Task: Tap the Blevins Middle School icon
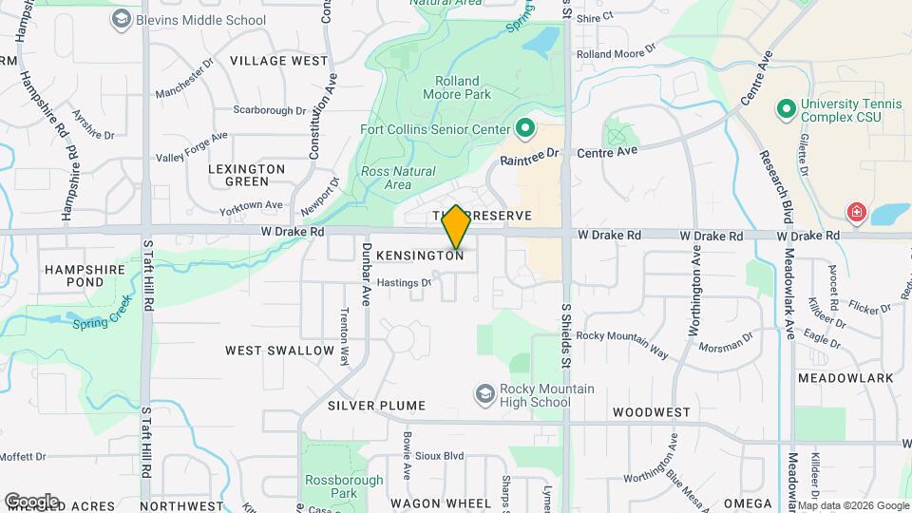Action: [121, 18]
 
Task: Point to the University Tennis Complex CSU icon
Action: [786, 110]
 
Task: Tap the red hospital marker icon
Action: [857, 212]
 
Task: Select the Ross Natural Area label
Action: [398, 178]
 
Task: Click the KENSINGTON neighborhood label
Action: [419, 256]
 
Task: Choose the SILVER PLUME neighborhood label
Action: [370, 406]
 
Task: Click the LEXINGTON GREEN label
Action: [247, 175]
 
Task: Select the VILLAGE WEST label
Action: [278, 61]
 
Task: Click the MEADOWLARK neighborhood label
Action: [845, 378]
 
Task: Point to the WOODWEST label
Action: [651, 412]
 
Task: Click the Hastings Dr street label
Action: [403, 282]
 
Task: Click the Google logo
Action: [31, 501]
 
